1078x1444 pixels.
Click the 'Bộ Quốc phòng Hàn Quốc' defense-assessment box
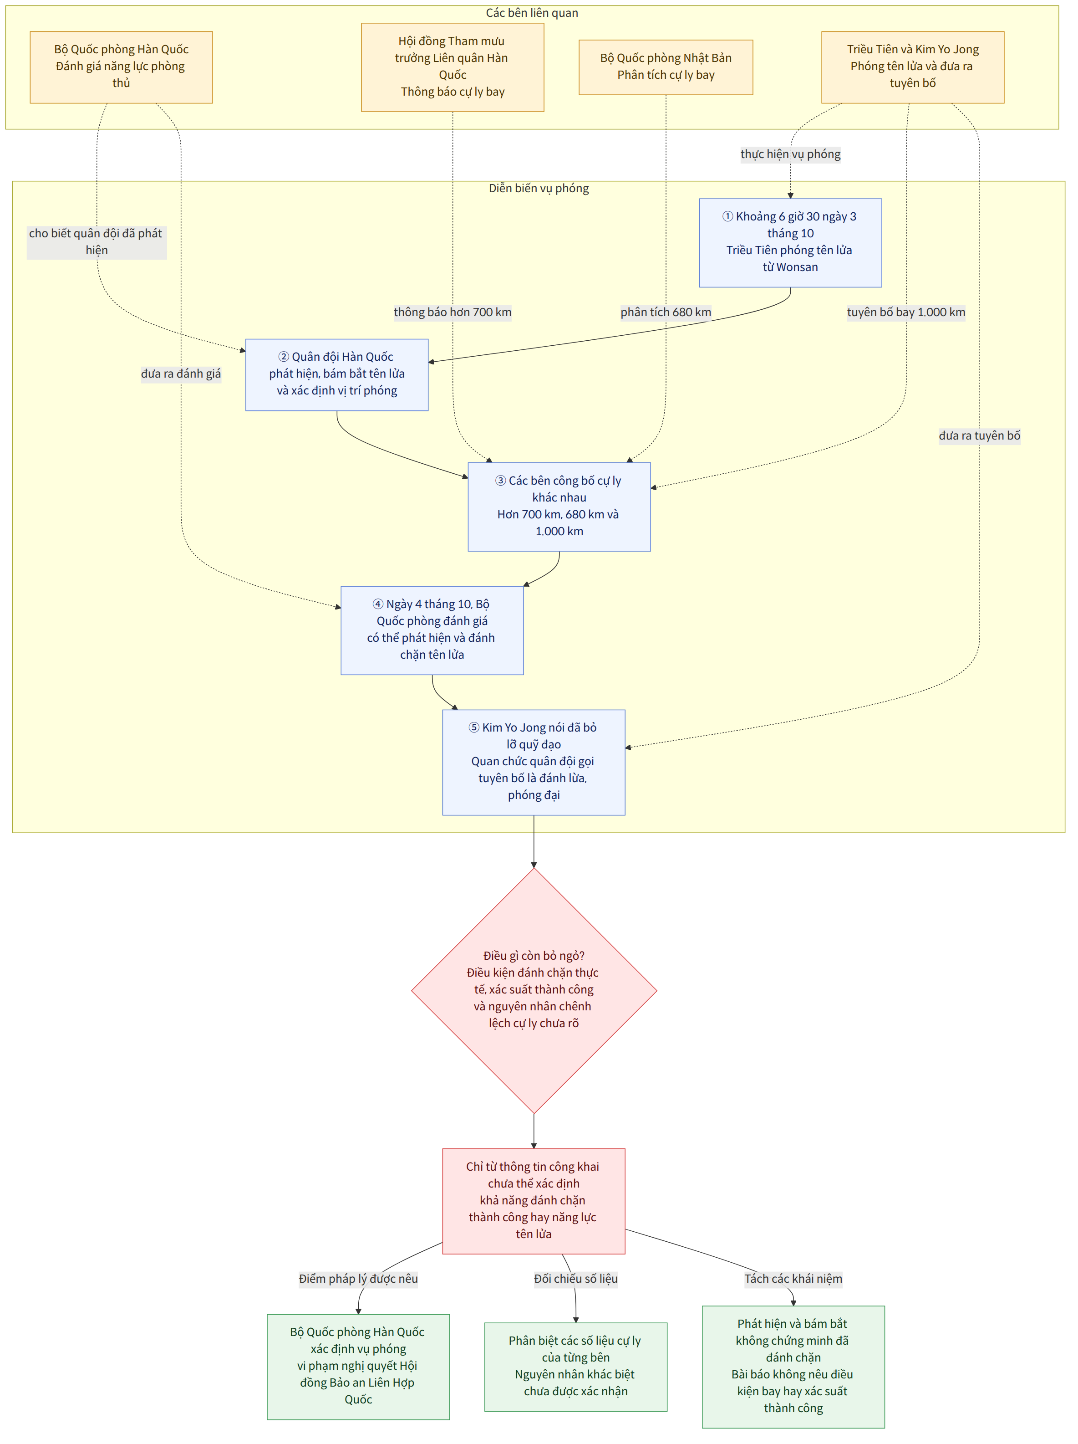point(122,67)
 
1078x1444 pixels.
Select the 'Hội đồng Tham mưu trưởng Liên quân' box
point(453,67)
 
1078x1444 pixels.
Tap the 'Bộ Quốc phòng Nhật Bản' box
point(666,67)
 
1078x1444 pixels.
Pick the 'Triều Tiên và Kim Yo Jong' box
point(912,67)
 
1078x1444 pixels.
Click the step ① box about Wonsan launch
point(790,243)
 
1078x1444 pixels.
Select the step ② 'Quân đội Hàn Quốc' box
point(337,375)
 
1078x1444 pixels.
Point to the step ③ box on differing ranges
point(559,507)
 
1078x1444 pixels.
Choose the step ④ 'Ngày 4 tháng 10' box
point(432,630)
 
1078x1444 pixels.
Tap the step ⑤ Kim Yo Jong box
point(534,762)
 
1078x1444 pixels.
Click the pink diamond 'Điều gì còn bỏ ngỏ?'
point(534,990)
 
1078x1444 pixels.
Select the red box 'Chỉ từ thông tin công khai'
point(534,1201)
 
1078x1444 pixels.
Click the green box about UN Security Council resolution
point(358,1367)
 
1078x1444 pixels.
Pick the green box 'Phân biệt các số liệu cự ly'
point(575,1367)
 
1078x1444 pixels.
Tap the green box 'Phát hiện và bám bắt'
point(793,1367)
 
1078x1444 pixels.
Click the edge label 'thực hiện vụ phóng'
point(790,154)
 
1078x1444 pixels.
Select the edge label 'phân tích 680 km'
point(666,312)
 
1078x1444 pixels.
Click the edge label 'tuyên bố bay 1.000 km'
point(906,312)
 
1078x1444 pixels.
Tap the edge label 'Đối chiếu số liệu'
point(575,1279)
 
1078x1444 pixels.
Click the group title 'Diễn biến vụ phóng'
point(539,188)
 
